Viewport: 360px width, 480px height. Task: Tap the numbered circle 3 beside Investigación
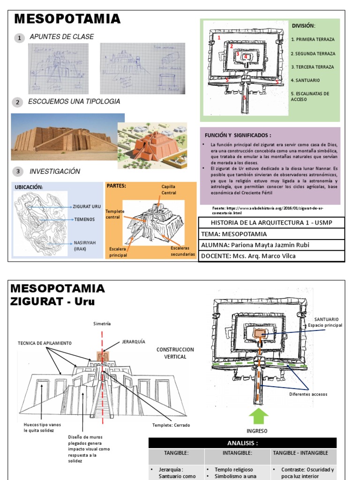pos(18,172)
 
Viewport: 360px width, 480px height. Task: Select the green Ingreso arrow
pos(256,415)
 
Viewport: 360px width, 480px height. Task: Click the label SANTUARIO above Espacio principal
pos(326,319)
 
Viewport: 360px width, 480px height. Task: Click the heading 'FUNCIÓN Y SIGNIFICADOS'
pos(235,135)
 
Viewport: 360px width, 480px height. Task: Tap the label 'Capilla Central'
pos(169,189)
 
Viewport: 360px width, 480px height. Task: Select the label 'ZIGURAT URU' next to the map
pos(87,206)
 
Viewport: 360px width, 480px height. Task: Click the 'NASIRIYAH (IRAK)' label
pos(83,246)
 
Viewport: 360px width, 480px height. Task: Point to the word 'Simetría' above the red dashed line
pos(102,323)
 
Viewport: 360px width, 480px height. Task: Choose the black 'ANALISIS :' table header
pos(242,443)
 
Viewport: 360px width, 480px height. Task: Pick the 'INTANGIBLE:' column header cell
pos(237,453)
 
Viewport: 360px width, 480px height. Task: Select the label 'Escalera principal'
pos(118,252)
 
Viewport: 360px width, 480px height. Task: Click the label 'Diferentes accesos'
pos(308,394)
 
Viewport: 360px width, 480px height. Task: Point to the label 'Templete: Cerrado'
pos(171,425)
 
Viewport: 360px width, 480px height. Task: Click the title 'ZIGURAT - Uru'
pos(52,301)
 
